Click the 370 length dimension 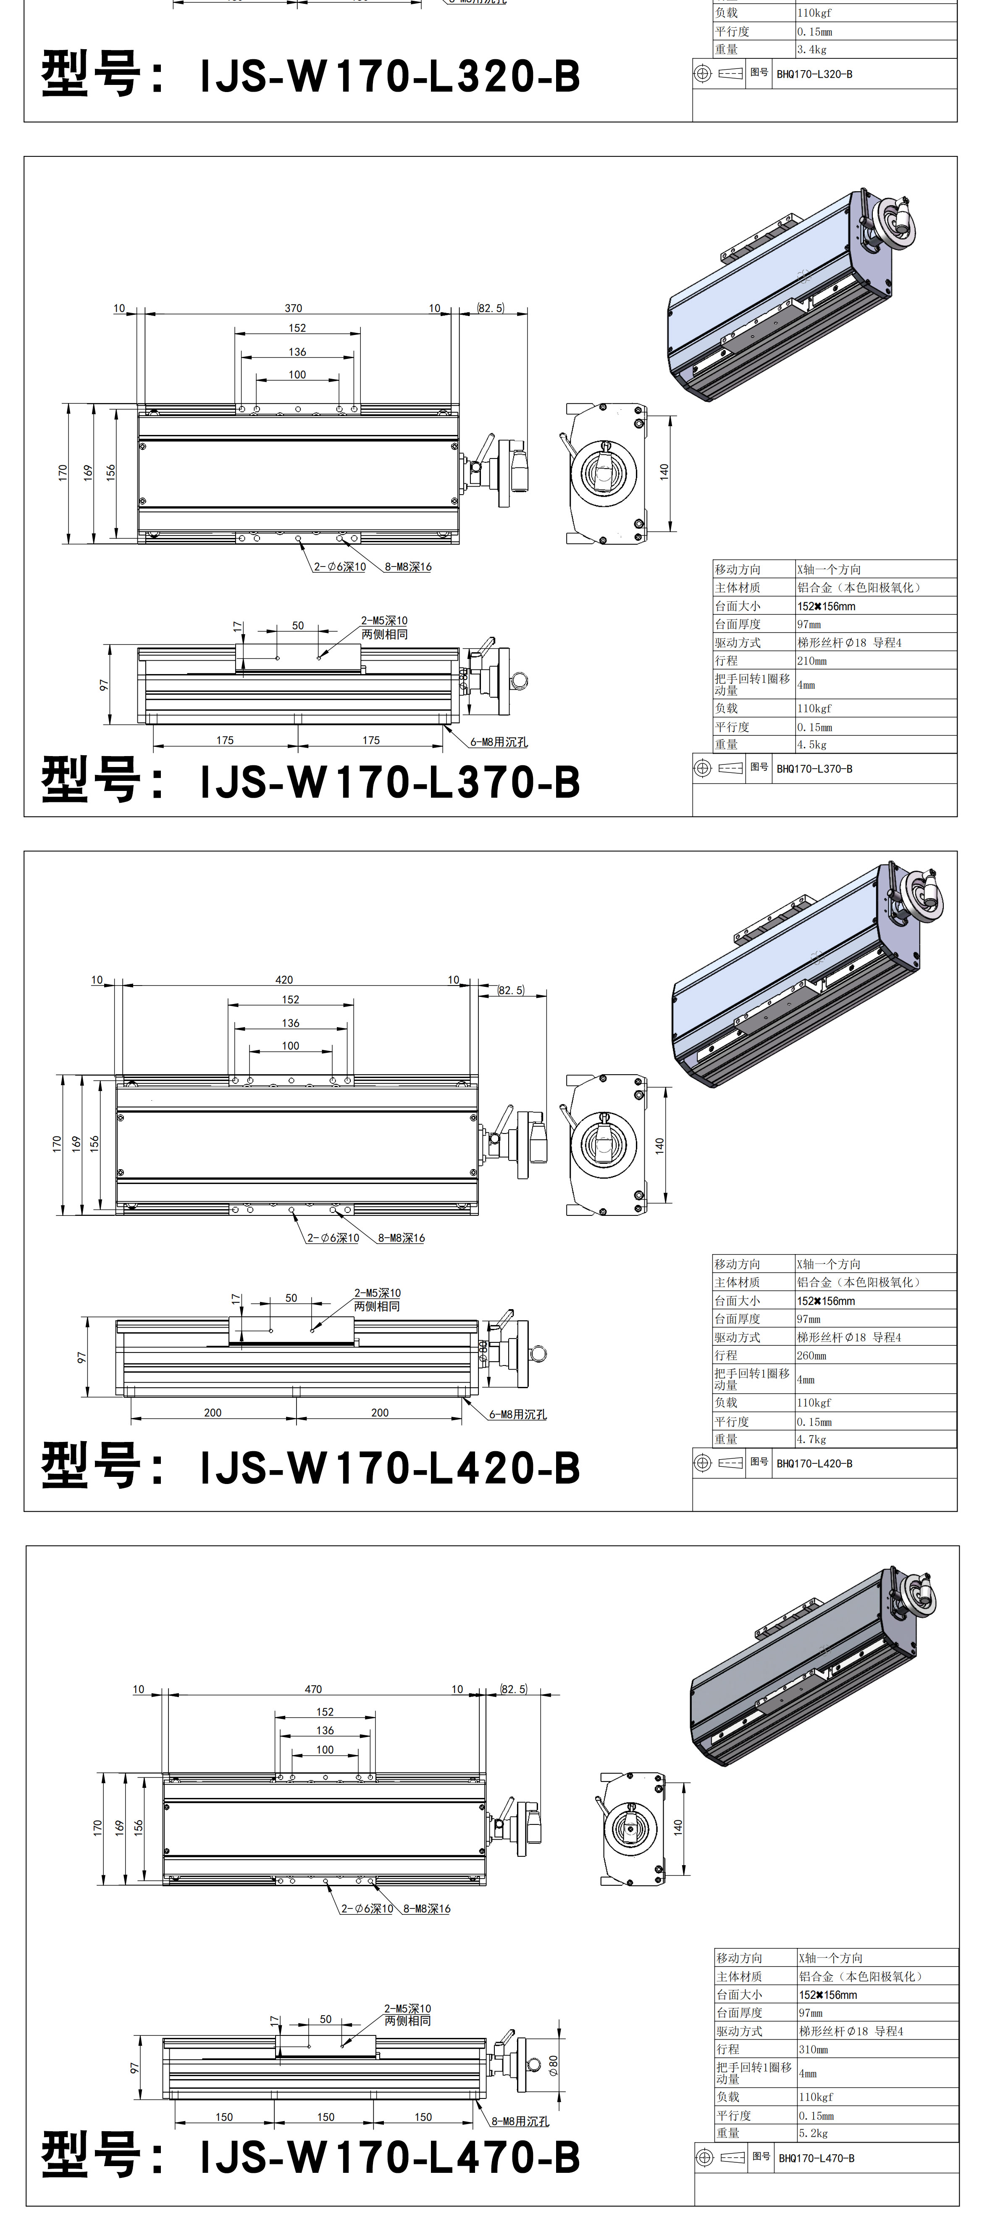pyautogui.click(x=293, y=308)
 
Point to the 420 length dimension pyautogui.click(x=284, y=980)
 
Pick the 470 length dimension pyautogui.click(x=313, y=1689)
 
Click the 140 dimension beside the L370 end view pyautogui.click(x=664, y=472)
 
